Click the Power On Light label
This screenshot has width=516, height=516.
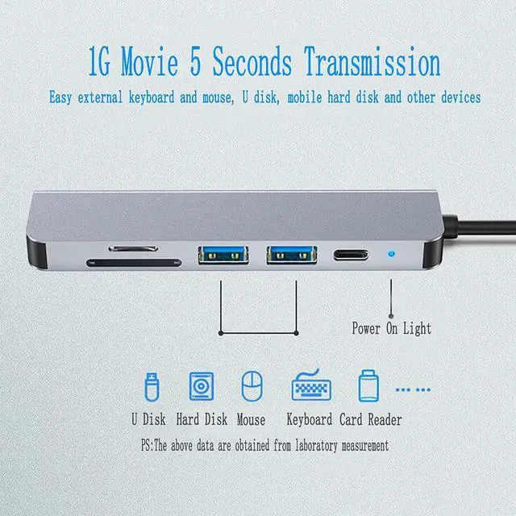(x=391, y=328)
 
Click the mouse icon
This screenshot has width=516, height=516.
(x=252, y=385)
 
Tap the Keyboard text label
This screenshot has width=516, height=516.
(x=310, y=419)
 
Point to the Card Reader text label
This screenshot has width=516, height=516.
(x=369, y=419)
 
